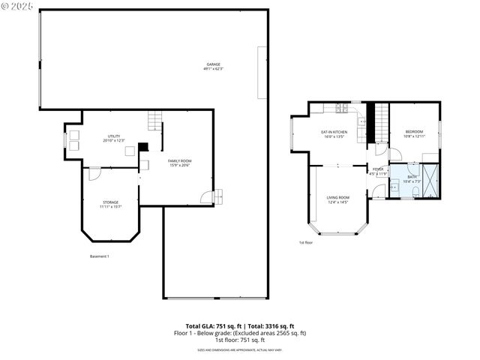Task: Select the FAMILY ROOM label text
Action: pyautogui.click(x=180, y=161)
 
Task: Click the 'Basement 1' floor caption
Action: pyautogui.click(x=100, y=257)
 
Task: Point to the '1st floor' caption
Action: pyautogui.click(x=306, y=243)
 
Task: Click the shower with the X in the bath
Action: pyautogui.click(x=433, y=180)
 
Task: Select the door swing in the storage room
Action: pyautogui.click(x=94, y=173)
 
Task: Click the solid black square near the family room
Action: pyautogui.click(x=143, y=147)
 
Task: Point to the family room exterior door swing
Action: pyautogui.click(x=205, y=197)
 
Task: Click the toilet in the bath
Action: pyautogui.click(x=394, y=187)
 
